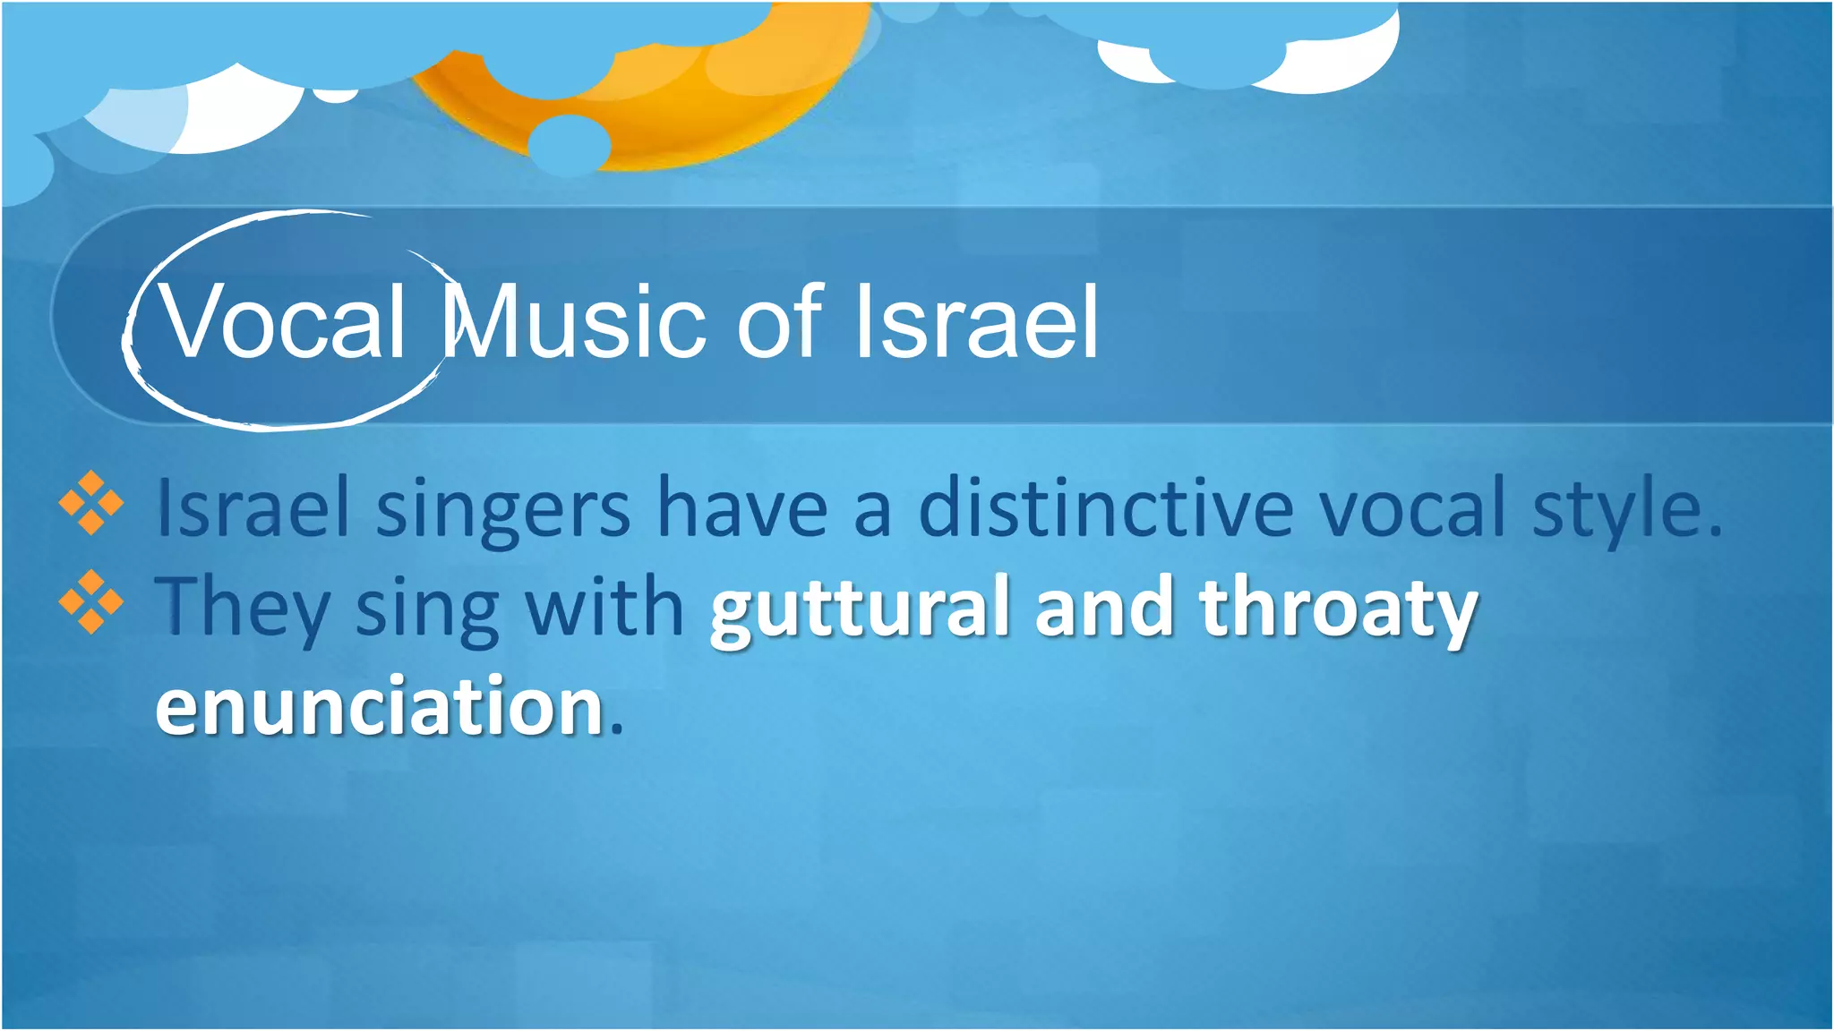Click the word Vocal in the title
click(282, 322)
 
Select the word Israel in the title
click(976, 322)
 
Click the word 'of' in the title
click(779, 322)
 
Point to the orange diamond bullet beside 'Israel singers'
click(91, 503)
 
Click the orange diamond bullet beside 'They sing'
click(91, 601)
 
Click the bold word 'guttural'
click(861, 609)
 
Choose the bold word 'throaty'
click(1339, 609)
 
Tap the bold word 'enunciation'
click(380, 707)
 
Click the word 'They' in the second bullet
click(242, 609)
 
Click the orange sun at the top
click(681, 98)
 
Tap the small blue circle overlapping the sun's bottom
click(569, 145)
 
